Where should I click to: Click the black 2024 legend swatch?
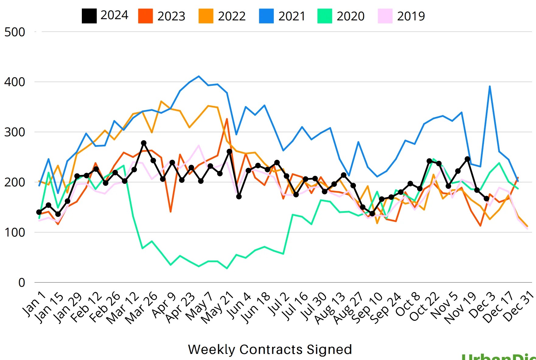[x=89, y=16]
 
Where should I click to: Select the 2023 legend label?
[x=171, y=16]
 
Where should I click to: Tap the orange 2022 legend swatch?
[x=206, y=16]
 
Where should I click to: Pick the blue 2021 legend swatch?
[x=266, y=16]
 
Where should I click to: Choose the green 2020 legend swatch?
[x=325, y=16]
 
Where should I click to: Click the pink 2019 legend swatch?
[x=385, y=16]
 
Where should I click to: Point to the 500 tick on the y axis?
[x=15, y=32]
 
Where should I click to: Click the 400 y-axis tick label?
[x=15, y=82]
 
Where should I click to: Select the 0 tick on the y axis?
[x=22, y=282]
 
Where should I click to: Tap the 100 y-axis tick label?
[x=15, y=232]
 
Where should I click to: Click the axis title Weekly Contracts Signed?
[x=270, y=349]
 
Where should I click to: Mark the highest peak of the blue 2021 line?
[x=199, y=76]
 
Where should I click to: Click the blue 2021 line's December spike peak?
[x=490, y=86]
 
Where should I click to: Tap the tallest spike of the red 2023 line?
[x=227, y=119]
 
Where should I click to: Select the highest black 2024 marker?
[x=144, y=143]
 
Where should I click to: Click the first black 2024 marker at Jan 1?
[x=39, y=212]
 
